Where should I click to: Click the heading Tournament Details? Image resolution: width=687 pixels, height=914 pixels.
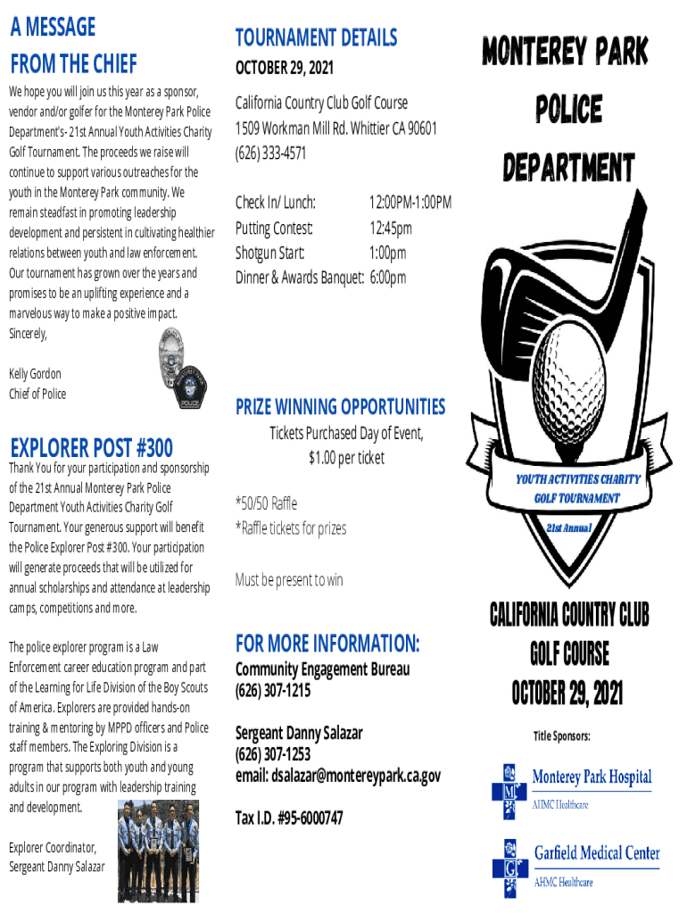point(316,37)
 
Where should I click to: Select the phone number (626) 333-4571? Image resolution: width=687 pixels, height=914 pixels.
point(270,153)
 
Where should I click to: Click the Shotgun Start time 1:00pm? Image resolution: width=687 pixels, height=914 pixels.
point(388,253)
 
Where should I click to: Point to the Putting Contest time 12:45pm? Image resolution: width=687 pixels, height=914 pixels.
point(391,228)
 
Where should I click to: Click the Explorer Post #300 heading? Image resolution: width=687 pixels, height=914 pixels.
point(91,446)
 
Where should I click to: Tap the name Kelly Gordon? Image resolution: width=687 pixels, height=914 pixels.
point(35,374)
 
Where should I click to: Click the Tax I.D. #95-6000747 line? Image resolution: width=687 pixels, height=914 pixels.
point(289,818)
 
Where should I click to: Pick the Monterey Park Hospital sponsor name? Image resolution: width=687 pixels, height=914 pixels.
point(592,777)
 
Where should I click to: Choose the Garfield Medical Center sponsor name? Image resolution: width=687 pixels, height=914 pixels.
point(597,852)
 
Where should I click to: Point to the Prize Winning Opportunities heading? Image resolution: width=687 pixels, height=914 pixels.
point(340,407)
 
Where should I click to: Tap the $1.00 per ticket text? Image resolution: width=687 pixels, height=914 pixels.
point(347,458)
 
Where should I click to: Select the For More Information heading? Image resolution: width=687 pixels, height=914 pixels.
point(327,643)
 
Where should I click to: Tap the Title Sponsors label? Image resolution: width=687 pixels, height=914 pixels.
point(562,736)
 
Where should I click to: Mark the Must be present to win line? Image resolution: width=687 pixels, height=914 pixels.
point(289,580)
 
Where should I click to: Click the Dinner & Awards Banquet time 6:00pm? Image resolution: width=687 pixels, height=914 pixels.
point(388,278)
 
